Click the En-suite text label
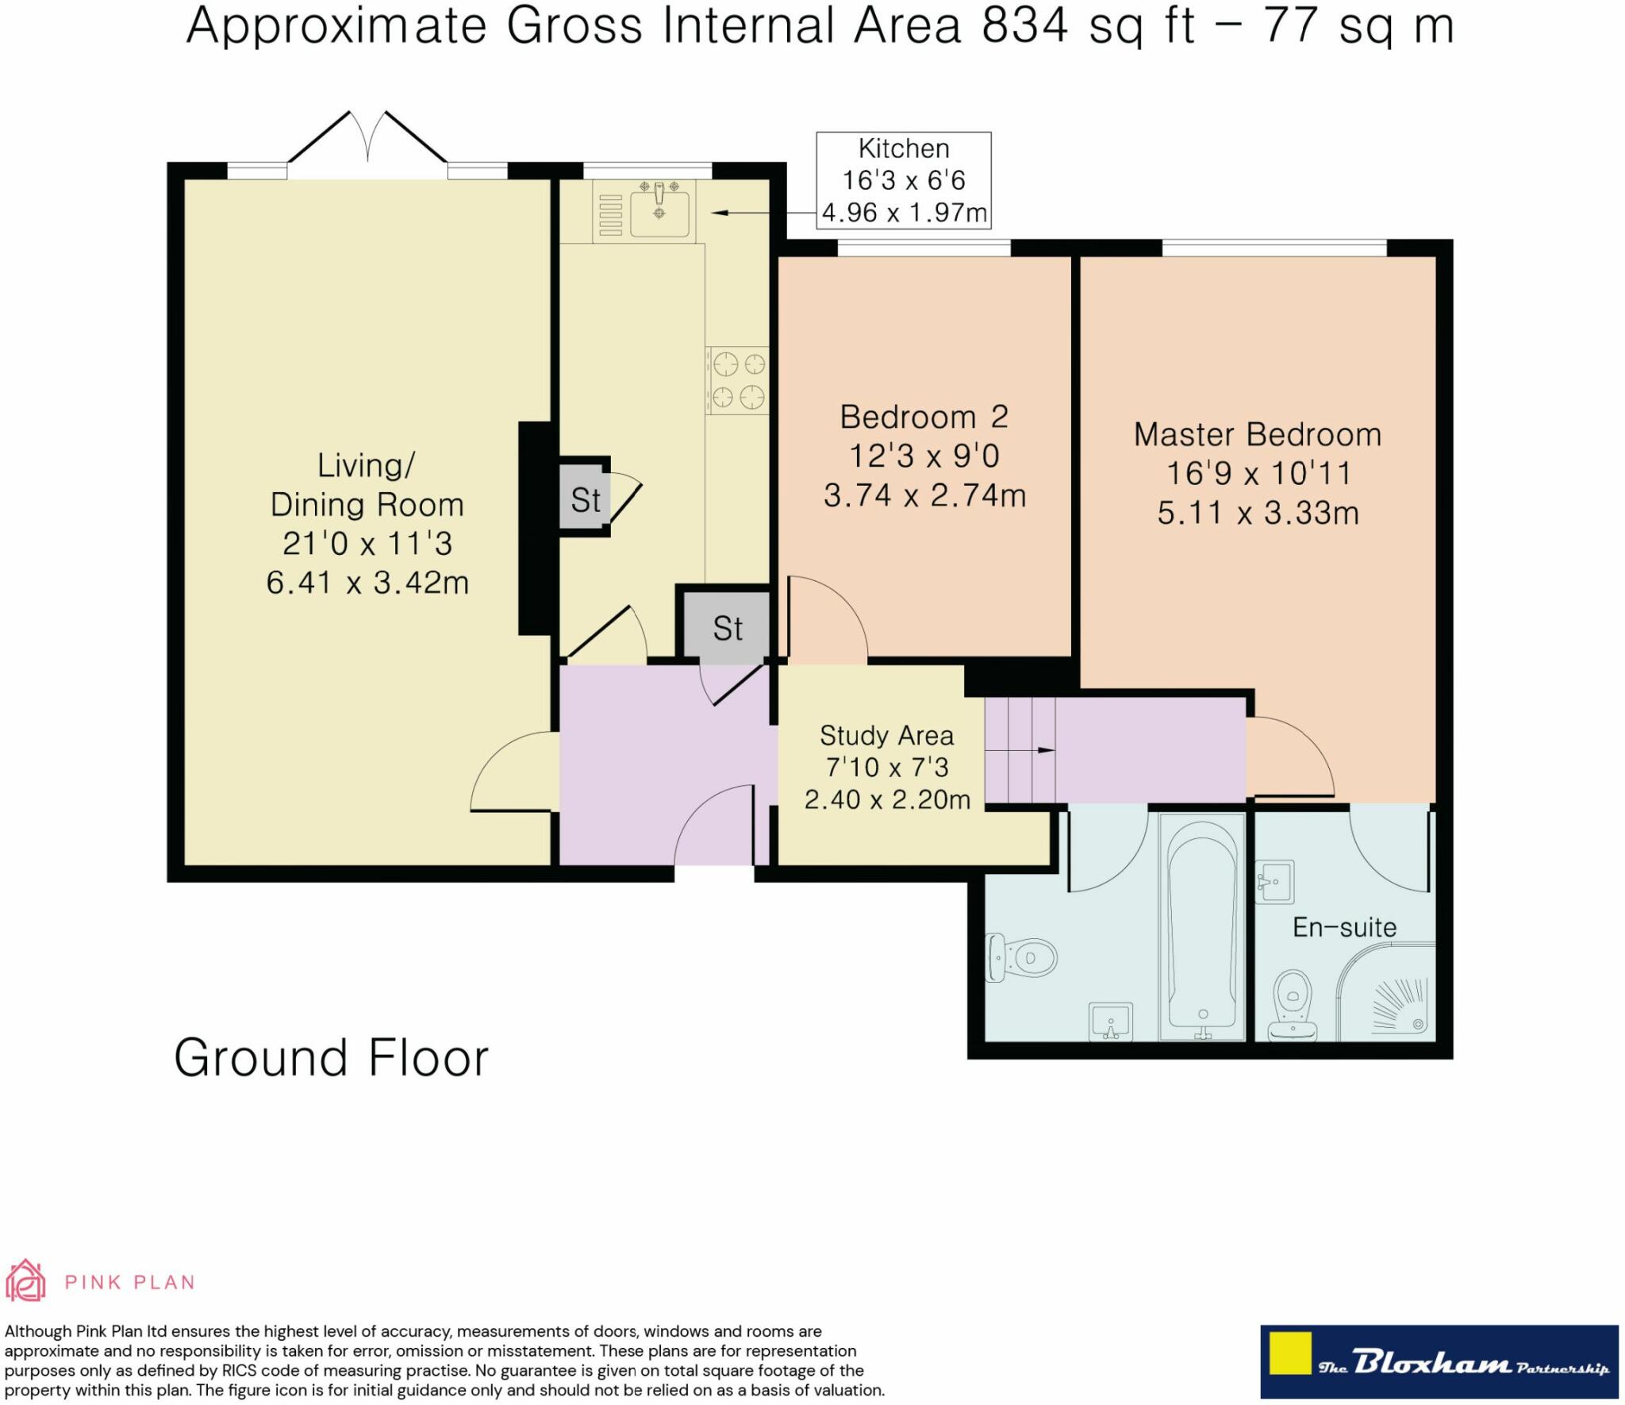coord(1344,927)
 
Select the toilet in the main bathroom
coord(1021,957)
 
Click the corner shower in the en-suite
coord(1386,991)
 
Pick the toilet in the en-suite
coord(1292,1005)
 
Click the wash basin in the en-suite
coord(1274,881)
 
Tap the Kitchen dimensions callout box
coord(904,180)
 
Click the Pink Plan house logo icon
coord(25,1280)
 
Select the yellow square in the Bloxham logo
coord(1289,1353)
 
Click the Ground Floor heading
coord(331,1058)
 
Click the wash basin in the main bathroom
coord(1110,1022)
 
